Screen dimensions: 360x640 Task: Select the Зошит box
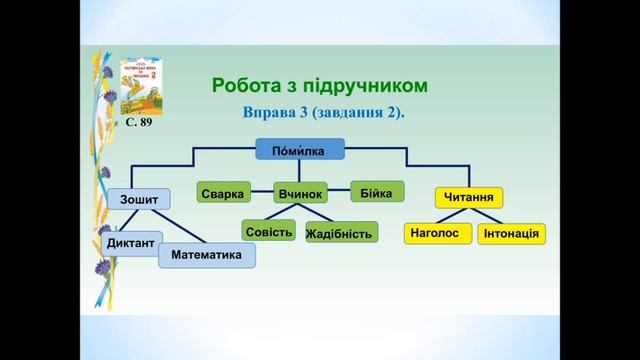click(x=139, y=199)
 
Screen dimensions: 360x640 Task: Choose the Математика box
click(x=207, y=256)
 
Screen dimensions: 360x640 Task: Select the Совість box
click(x=269, y=232)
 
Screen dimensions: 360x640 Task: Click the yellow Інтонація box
click(x=511, y=235)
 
